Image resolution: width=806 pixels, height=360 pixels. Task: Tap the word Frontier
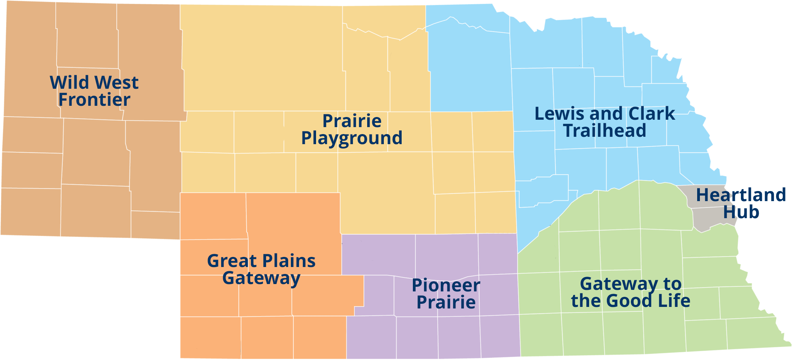[x=94, y=100]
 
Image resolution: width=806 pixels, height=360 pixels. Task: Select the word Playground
[x=352, y=138]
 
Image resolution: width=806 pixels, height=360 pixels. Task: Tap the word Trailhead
[x=605, y=131]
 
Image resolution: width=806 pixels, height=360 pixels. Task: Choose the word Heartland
[x=741, y=195]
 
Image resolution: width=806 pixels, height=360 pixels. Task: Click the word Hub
[x=741, y=212]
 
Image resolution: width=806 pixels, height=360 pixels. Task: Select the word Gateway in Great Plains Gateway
[x=261, y=278]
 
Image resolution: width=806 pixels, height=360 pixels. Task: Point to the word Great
[x=232, y=261]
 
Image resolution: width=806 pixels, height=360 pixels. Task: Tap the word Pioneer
[x=446, y=286]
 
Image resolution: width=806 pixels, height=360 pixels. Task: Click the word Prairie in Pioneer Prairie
[x=446, y=303]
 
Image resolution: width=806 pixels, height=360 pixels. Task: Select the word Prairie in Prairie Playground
[x=352, y=121]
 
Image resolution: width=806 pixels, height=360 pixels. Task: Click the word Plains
[x=288, y=261]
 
